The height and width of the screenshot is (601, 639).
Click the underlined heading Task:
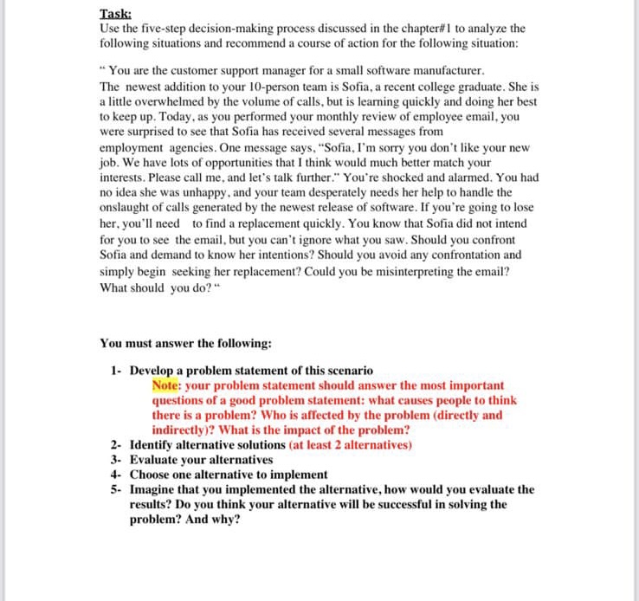(x=115, y=15)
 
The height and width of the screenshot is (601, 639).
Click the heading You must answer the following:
(x=185, y=343)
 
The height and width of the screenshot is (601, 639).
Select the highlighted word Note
(x=165, y=385)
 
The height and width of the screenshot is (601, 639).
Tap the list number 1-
(x=116, y=371)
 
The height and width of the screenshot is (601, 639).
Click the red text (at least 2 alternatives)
(x=351, y=445)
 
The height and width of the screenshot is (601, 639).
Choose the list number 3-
(x=116, y=460)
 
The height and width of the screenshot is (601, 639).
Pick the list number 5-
(x=116, y=489)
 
